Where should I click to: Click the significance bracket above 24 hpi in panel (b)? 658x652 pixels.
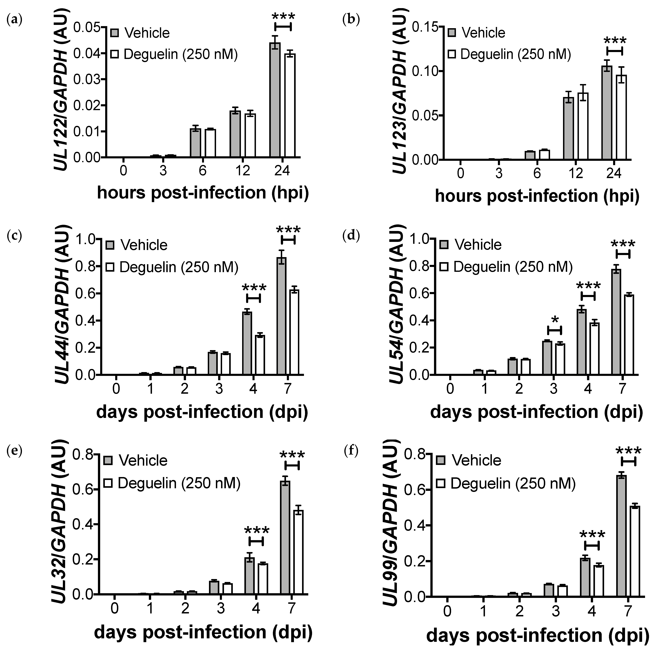pyautogui.click(x=615, y=51)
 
